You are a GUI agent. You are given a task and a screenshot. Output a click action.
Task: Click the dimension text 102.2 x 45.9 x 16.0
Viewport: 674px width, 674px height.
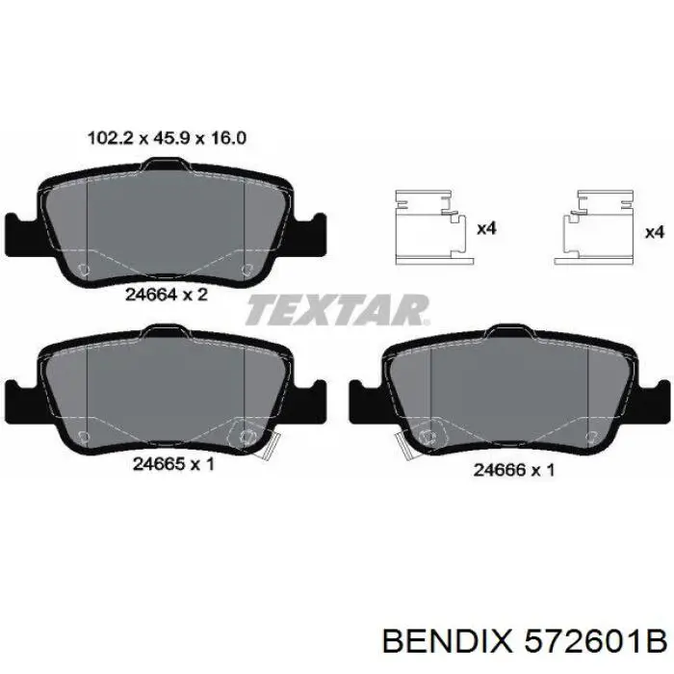[167, 139]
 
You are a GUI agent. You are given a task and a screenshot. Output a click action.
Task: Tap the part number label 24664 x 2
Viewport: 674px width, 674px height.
[167, 295]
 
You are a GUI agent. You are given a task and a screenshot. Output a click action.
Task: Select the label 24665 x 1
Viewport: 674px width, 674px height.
[173, 464]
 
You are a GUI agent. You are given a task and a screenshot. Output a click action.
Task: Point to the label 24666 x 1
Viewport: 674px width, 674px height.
[513, 470]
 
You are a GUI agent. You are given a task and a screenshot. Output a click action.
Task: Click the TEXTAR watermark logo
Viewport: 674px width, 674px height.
[337, 309]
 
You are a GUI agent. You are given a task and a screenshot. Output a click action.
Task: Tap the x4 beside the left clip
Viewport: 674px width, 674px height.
[486, 228]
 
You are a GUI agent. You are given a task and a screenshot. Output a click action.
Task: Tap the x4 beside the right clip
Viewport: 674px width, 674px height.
[655, 232]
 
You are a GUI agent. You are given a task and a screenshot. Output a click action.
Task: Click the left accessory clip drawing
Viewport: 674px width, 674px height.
[433, 227]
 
